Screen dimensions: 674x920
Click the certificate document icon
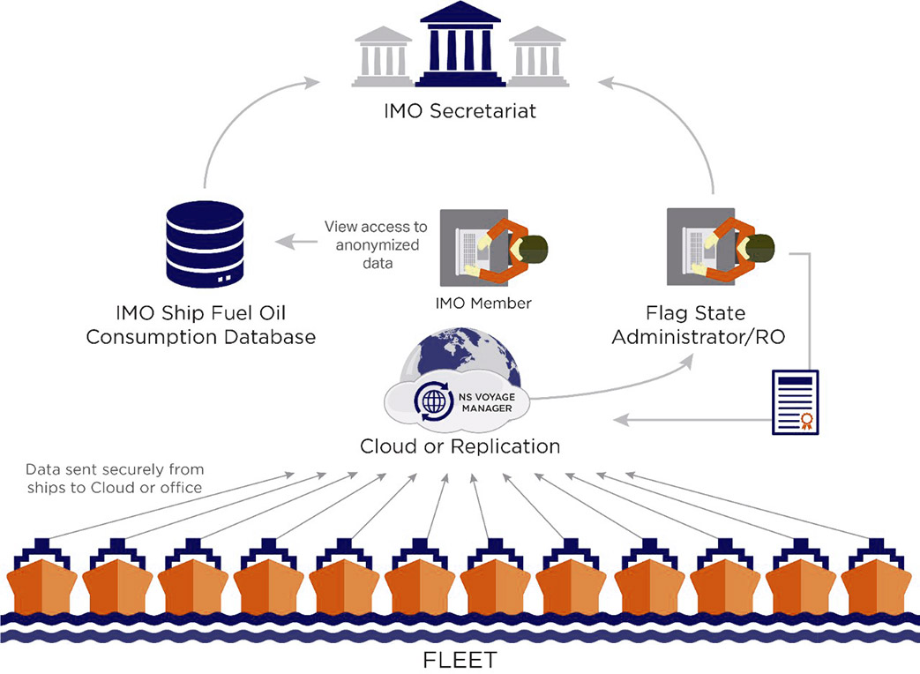(x=795, y=401)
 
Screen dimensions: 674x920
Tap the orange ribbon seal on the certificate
(x=804, y=420)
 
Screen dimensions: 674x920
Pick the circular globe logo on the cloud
(x=435, y=402)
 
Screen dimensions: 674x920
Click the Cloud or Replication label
(x=460, y=446)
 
